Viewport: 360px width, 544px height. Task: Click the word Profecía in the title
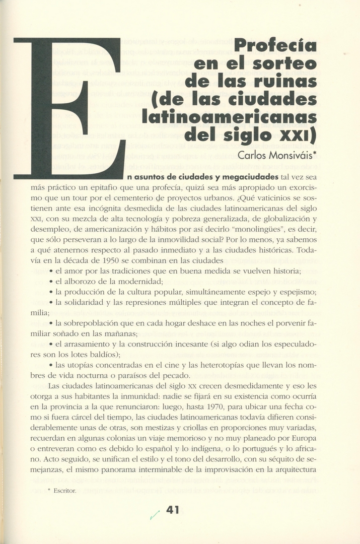[x=276, y=46]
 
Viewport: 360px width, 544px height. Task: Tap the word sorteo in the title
[x=290, y=64]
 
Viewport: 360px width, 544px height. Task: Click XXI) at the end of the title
[x=297, y=134]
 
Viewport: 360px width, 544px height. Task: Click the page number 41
[x=173, y=510]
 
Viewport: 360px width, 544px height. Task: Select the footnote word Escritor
[x=65, y=492]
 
